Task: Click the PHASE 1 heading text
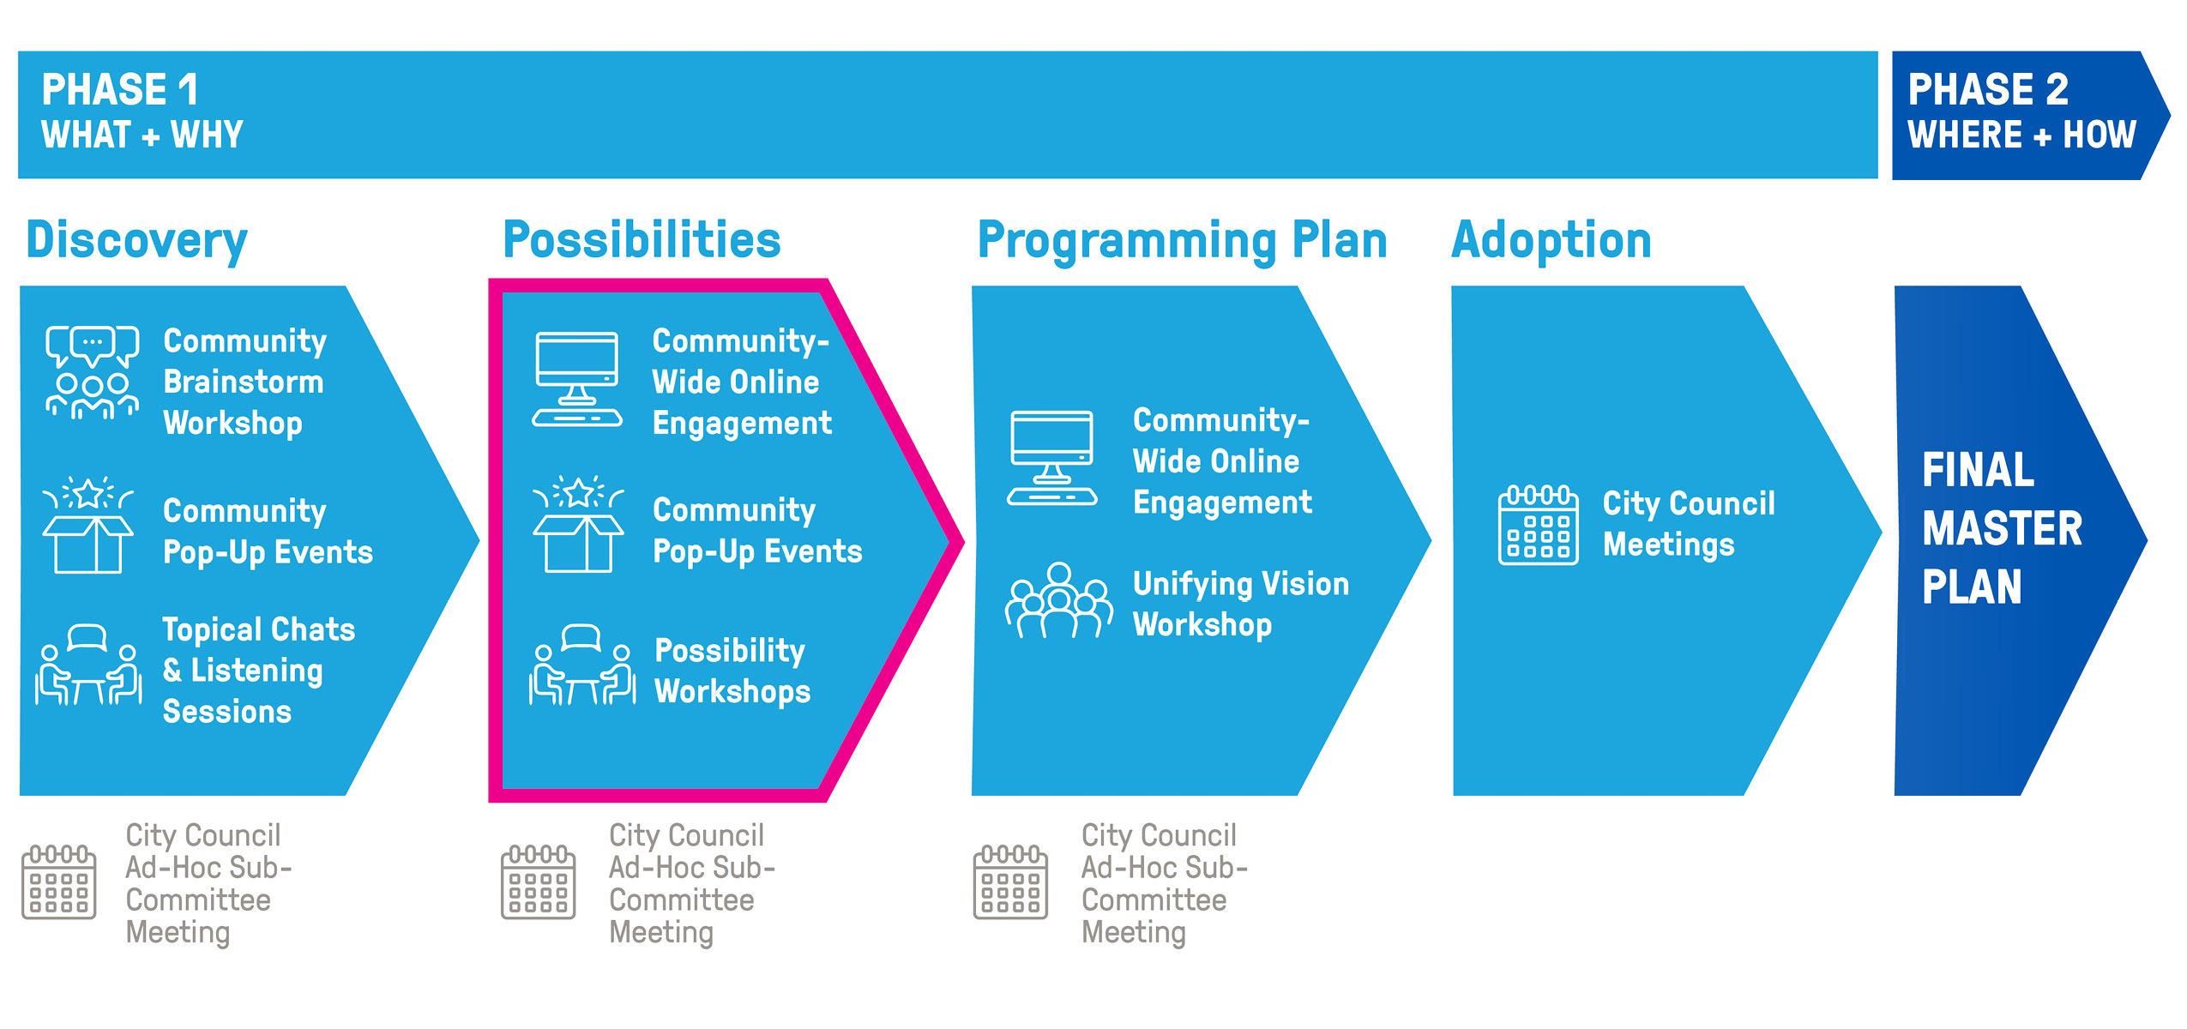point(120,90)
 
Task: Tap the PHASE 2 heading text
point(1987,90)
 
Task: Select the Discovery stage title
point(137,240)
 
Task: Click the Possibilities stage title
point(642,240)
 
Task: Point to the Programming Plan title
point(1182,240)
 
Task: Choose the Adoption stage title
point(1551,240)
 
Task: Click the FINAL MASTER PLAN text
point(2001,528)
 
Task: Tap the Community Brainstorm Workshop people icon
point(92,373)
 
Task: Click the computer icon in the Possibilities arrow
point(577,380)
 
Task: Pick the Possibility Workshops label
point(732,671)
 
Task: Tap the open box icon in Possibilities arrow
point(578,525)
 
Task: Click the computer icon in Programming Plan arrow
point(1051,459)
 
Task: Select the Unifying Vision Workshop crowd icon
point(1058,601)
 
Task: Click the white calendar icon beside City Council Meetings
point(1538,525)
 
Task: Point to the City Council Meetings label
point(1687,524)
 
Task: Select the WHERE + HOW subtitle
point(2021,135)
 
